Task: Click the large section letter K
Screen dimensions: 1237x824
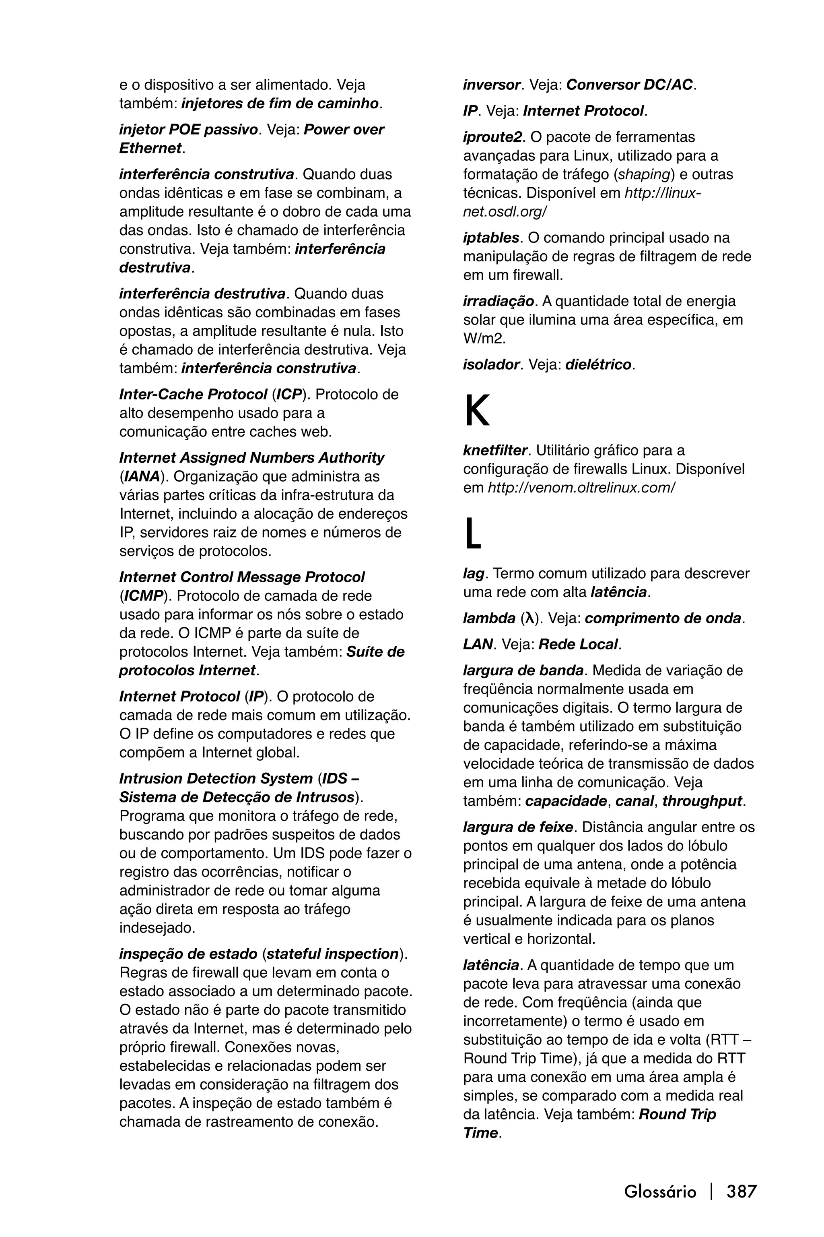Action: pyautogui.click(x=477, y=411)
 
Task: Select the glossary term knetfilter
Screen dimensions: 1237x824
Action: pyautogui.click(x=495, y=450)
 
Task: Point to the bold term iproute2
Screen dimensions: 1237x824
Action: pyautogui.click(x=493, y=137)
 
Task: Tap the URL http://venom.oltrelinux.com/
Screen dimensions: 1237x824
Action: pyautogui.click(x=581, y=488)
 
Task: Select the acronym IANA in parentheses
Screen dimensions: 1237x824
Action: pyautogui.click(x=141, y=476)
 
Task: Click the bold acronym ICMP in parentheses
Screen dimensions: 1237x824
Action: pyautogui.click(x=143, y=596)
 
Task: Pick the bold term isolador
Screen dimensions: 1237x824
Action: pyautogui.click(x=491, y=364)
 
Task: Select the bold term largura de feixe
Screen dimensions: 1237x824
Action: pyautogui.click(x=518, y=827)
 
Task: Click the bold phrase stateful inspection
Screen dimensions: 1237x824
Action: pyautogui.click(x=333, y=954)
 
